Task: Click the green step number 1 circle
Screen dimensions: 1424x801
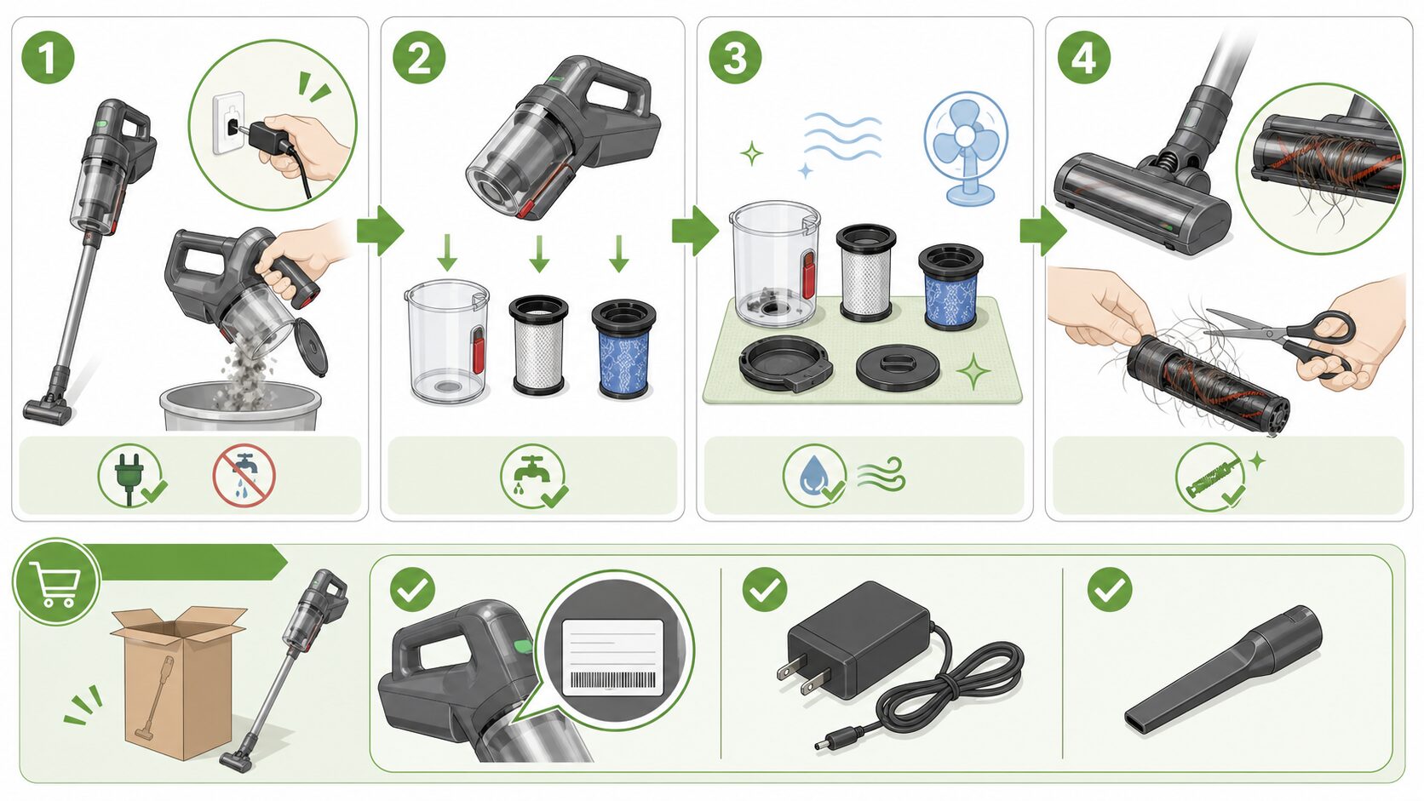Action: (x=48, y=57)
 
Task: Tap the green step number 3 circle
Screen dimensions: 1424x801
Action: (x=735, y=57)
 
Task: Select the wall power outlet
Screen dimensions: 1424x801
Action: (x=228, y=123)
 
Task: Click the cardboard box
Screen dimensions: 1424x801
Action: (x=178, y=682)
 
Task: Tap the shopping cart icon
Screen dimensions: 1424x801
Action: (x=56, y=582)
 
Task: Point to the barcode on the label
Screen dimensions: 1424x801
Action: (x=613, y=680)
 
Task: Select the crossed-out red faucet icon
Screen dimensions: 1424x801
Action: (x=244, y=475)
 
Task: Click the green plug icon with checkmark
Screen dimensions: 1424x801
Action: (x=132, y=475)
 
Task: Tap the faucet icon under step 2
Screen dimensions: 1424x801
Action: (x=533, y=476)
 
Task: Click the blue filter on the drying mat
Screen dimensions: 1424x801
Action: (x=950, y=288)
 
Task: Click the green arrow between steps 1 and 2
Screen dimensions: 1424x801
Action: (x=380, y=230)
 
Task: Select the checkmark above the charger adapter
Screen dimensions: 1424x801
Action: (x=765, y=590)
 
